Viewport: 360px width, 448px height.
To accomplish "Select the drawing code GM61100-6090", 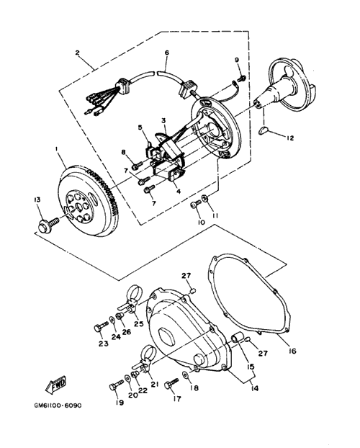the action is tap(58, 406).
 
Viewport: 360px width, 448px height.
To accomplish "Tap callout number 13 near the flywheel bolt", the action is tap(37, 200).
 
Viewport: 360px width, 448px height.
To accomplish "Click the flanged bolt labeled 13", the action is tap(48, 224).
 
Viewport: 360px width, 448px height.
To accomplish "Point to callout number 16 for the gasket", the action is tap(292, 351).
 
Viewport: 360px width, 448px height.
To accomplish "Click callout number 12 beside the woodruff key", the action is tap(289, 138).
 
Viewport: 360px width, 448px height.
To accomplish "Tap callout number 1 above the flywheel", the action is tap(56, 149).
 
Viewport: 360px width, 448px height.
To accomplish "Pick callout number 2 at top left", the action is tap(77, 53).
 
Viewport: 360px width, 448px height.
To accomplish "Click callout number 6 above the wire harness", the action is tap(167, 53).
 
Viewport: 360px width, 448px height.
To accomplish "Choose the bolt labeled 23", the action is tap(101, 326).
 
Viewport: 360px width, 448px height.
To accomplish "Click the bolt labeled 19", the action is tap(116, 385).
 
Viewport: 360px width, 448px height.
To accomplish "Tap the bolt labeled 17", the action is tap(171, 383).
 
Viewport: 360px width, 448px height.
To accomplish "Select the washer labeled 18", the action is tap(186, 375).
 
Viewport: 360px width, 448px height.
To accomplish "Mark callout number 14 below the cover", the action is tap(255, 388).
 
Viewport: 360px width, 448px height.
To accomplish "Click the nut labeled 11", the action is tap(204, 197).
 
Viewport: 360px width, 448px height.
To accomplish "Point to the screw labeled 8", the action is tap(137, 165).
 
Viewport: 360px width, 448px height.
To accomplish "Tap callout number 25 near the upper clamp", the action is tap(139, 323).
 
